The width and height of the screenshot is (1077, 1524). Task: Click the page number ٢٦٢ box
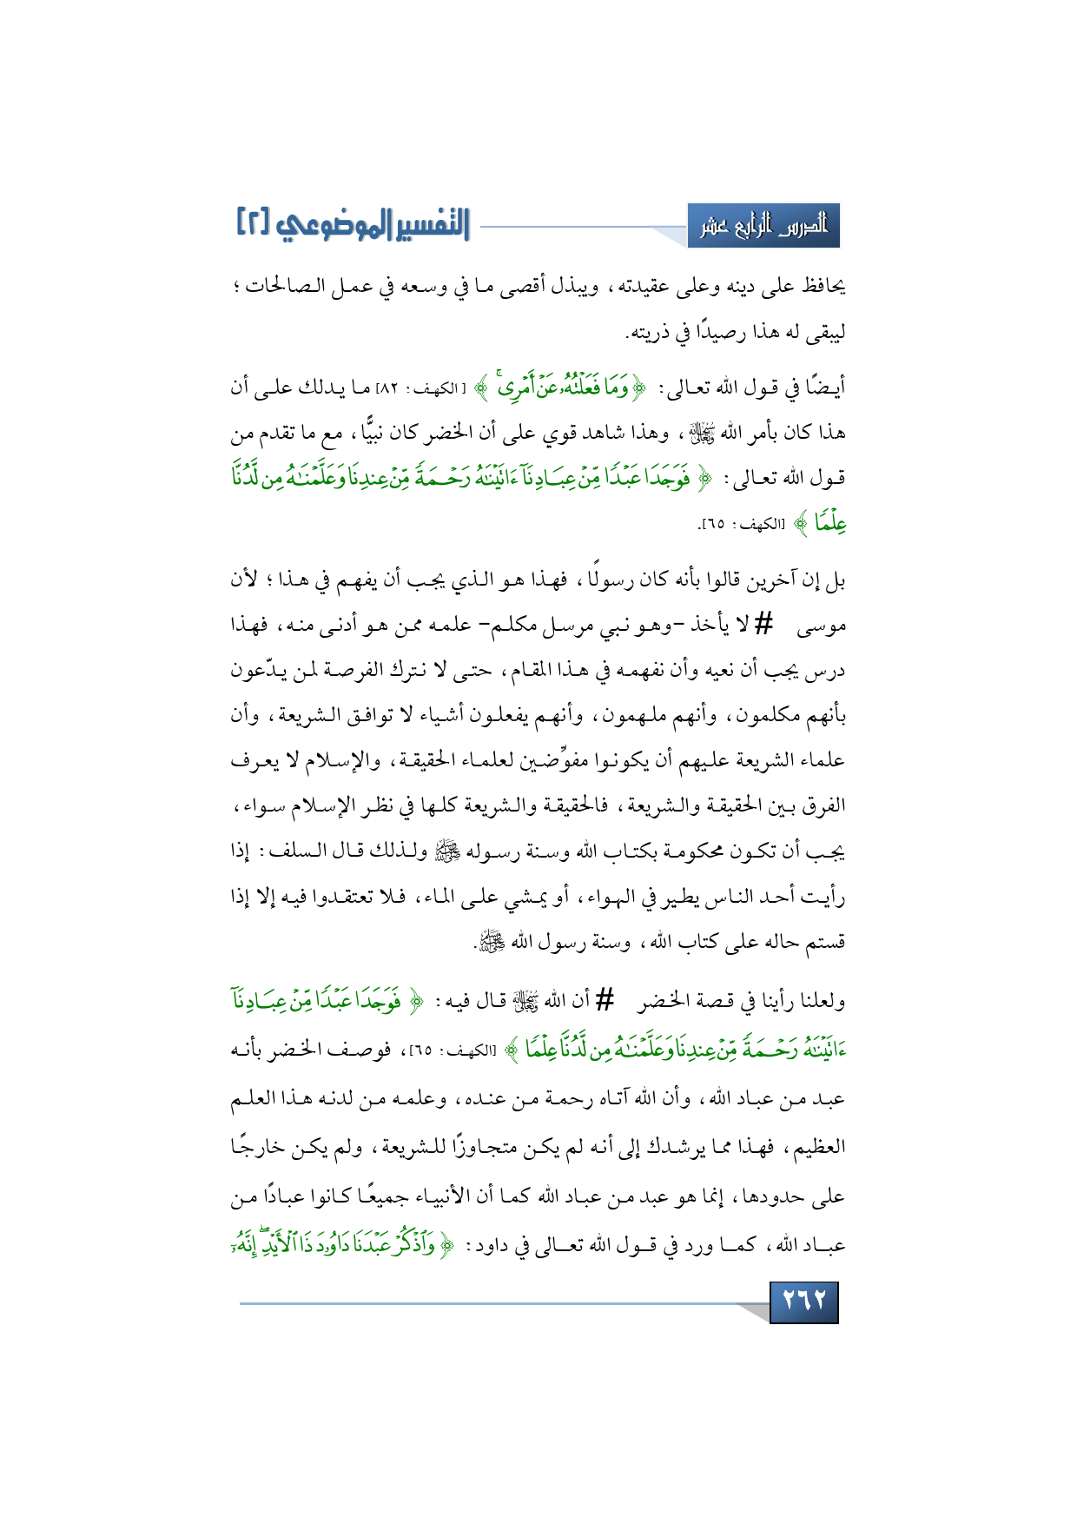pos(803,1301)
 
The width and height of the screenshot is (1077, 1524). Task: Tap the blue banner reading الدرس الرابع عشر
pos(763,227)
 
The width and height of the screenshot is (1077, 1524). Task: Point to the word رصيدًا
pos(719,332)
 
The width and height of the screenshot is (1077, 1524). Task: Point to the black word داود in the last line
pos(499,1245)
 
